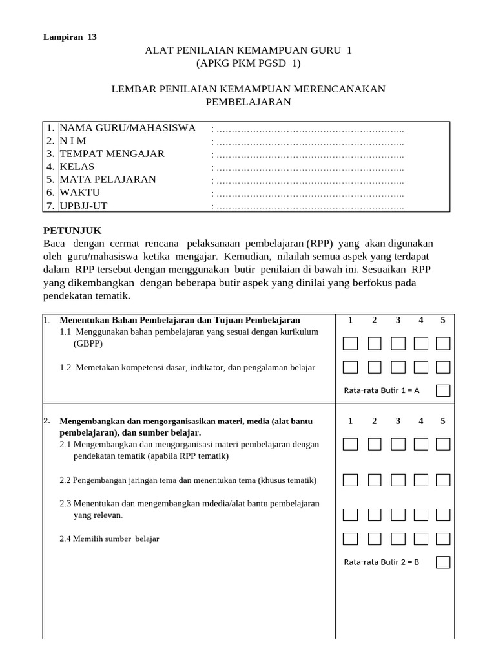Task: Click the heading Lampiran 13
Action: [x=70, y=37]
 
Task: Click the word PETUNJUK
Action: [x=72, y=231]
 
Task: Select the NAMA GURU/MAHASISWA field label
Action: [x=127, y=128]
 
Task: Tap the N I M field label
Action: [x=73, y=141]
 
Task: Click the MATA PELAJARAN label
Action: [x=108, y=180]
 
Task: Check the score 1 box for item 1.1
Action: [x=350, y=343]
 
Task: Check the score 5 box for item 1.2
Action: [x=443, y=367]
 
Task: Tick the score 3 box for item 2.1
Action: [x=398, y=444]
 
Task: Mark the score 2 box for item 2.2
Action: [x=375, y=480]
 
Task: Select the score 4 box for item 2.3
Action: [x=421, y=515]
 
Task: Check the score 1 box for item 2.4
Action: [x=350, y=538]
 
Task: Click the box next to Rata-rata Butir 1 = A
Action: [x=443, y=390]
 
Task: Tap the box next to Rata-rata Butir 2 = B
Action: [x=443, y=562]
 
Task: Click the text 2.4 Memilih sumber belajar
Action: [x=109, y=539]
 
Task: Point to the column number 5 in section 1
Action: [x=443, y=320]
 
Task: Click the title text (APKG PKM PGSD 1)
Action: [x=248, y=63]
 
